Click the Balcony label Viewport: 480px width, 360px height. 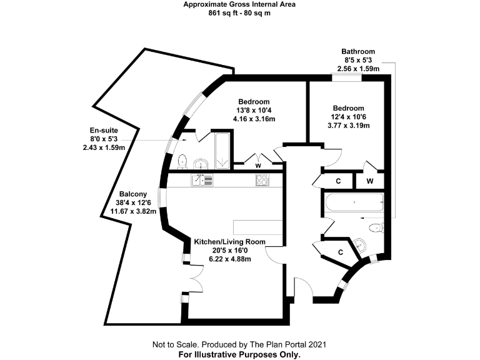pyautogui.click(x=133, y=194)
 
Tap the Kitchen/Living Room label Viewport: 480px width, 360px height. pyautogui.click(x=229, y=242)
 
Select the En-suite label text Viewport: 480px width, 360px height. pyautogui.click(x=104, y=131)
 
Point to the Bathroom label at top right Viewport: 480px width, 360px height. pyautogui.click(x=358, y=51)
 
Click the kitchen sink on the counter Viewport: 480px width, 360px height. pyautogui.click(x=202, y=180)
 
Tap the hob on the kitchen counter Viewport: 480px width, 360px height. pyautogui.click(x=262, y=180)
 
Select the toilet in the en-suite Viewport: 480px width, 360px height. pyautogui.click(x=182, y=162)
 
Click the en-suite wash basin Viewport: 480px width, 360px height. pyautogui.click(x=201, y=164)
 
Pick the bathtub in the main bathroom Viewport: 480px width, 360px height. pyautogui.click(x=354, y=202)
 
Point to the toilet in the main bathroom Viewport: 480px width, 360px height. pyautogui.click(x=376, y=228)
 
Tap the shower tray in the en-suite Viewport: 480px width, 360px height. pyautogui.click(x=222, y=151)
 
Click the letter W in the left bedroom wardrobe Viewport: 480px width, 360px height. pyautogui.click(x=258, y=166)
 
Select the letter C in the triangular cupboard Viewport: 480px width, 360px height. pyautogui.click(x=341, y=252)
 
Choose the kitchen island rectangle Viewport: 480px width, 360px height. pyautogui.click(x=257, y=227)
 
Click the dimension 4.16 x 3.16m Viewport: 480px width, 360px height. pyautogui.click(x=254, y=119)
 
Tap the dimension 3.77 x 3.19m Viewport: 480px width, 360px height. pyautogui.click(x=348, y=125)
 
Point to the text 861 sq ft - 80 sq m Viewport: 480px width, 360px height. pyautogui.click(x=239, y=13)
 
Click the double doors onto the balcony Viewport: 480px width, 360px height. pyautogui.click(x=196, y=279)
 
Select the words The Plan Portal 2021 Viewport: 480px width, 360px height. pyautogui.click(x=288, y=345)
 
